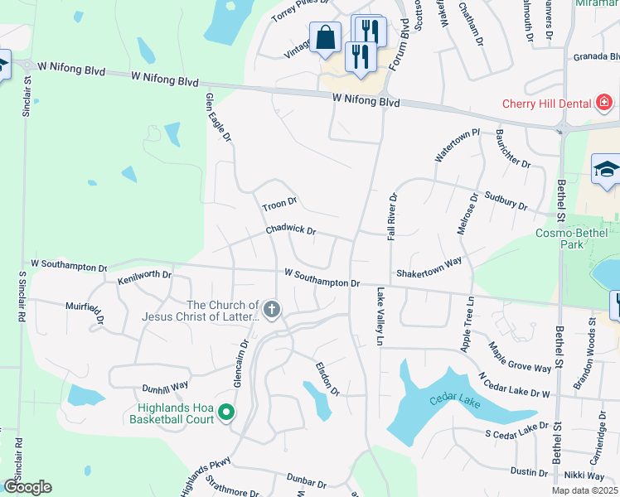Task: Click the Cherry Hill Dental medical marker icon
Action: tap(604, 103)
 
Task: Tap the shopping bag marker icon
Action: tap(325, 37)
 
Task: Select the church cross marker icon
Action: tap(273, 311)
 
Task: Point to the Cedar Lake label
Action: tap(448, 401)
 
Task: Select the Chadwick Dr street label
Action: tap(290, 230)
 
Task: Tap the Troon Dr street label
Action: tap(279, 202)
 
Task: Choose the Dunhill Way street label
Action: tap(165, 386)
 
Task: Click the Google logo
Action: tap(27, 487)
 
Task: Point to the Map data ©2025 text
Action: tap(584, 490)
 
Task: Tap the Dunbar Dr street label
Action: tap(308, 479)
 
